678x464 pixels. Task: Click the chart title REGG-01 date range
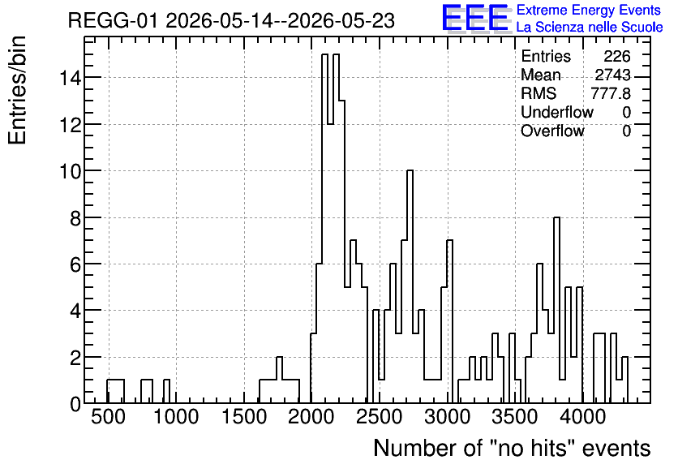pyautogui.click(x=231, y=21)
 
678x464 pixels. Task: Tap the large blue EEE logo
pyautogui.click(x=475, y=19)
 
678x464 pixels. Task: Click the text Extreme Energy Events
pyautogui.click(x=589, y=10)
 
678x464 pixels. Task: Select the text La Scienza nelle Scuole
pyautogui.click(x=590, y=28)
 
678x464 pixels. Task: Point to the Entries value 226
pyautogui.click(x=617, y=56)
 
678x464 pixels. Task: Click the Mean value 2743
pyautogui.click(x=612, y=75)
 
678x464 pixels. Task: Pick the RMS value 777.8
pyautogui.click(x=611, y=93)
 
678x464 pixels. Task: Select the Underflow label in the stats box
pyautogui.click(x=557, y=112)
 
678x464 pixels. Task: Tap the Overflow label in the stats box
pyautogui.click(x=552, y=131)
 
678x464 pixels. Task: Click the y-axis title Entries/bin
pyautogui.click(x=18, y=90)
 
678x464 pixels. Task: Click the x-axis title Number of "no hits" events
pyautogui.click(x=512, y=448)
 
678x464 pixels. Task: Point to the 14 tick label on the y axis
pyautogui.click(x=70, y=78)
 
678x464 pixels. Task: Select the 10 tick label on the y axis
pyautogui.click(x=70, y=171)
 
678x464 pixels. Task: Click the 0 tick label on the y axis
pyautogui.click(x=75, y=404)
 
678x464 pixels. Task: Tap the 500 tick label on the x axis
pyautogui.click(x=108, y=417)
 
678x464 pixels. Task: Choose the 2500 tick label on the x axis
pyautogui.click(x=380, y=417)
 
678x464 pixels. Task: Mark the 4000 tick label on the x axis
pyautogui.click(x=583, y=417)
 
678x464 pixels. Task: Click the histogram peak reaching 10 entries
pyautogui.click(x=410, y=171)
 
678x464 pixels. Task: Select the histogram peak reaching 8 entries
pyautogui.click(x=557, y=217)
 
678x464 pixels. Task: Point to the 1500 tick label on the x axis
pyautogui.click(x=244, y=417)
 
